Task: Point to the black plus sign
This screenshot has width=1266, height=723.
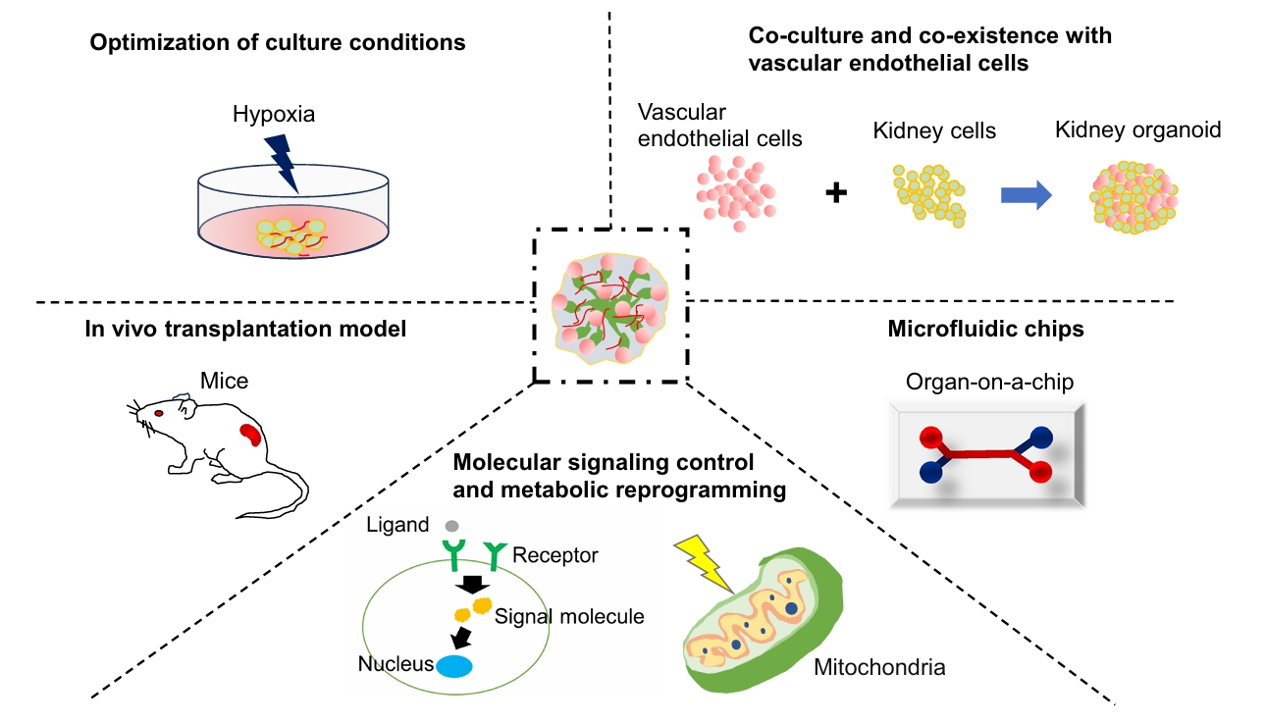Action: pos(835,193)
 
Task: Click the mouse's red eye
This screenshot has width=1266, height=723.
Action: pos(158,414)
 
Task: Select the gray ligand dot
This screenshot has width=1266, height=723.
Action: pos(451,526)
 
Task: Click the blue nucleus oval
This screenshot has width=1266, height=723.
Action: pos(453,666)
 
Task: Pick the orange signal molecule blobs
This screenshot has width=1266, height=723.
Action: pos(472,609)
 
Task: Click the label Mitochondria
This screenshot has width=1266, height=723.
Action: pos(879,669)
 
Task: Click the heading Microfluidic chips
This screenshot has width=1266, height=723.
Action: pos(985,330)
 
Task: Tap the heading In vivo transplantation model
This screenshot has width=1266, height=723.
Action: pos(245,330)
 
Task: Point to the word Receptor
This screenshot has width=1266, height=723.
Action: pos(555,555)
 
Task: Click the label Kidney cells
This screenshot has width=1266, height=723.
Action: pos(934,131)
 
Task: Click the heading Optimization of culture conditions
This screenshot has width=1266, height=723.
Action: pos(278,43)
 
